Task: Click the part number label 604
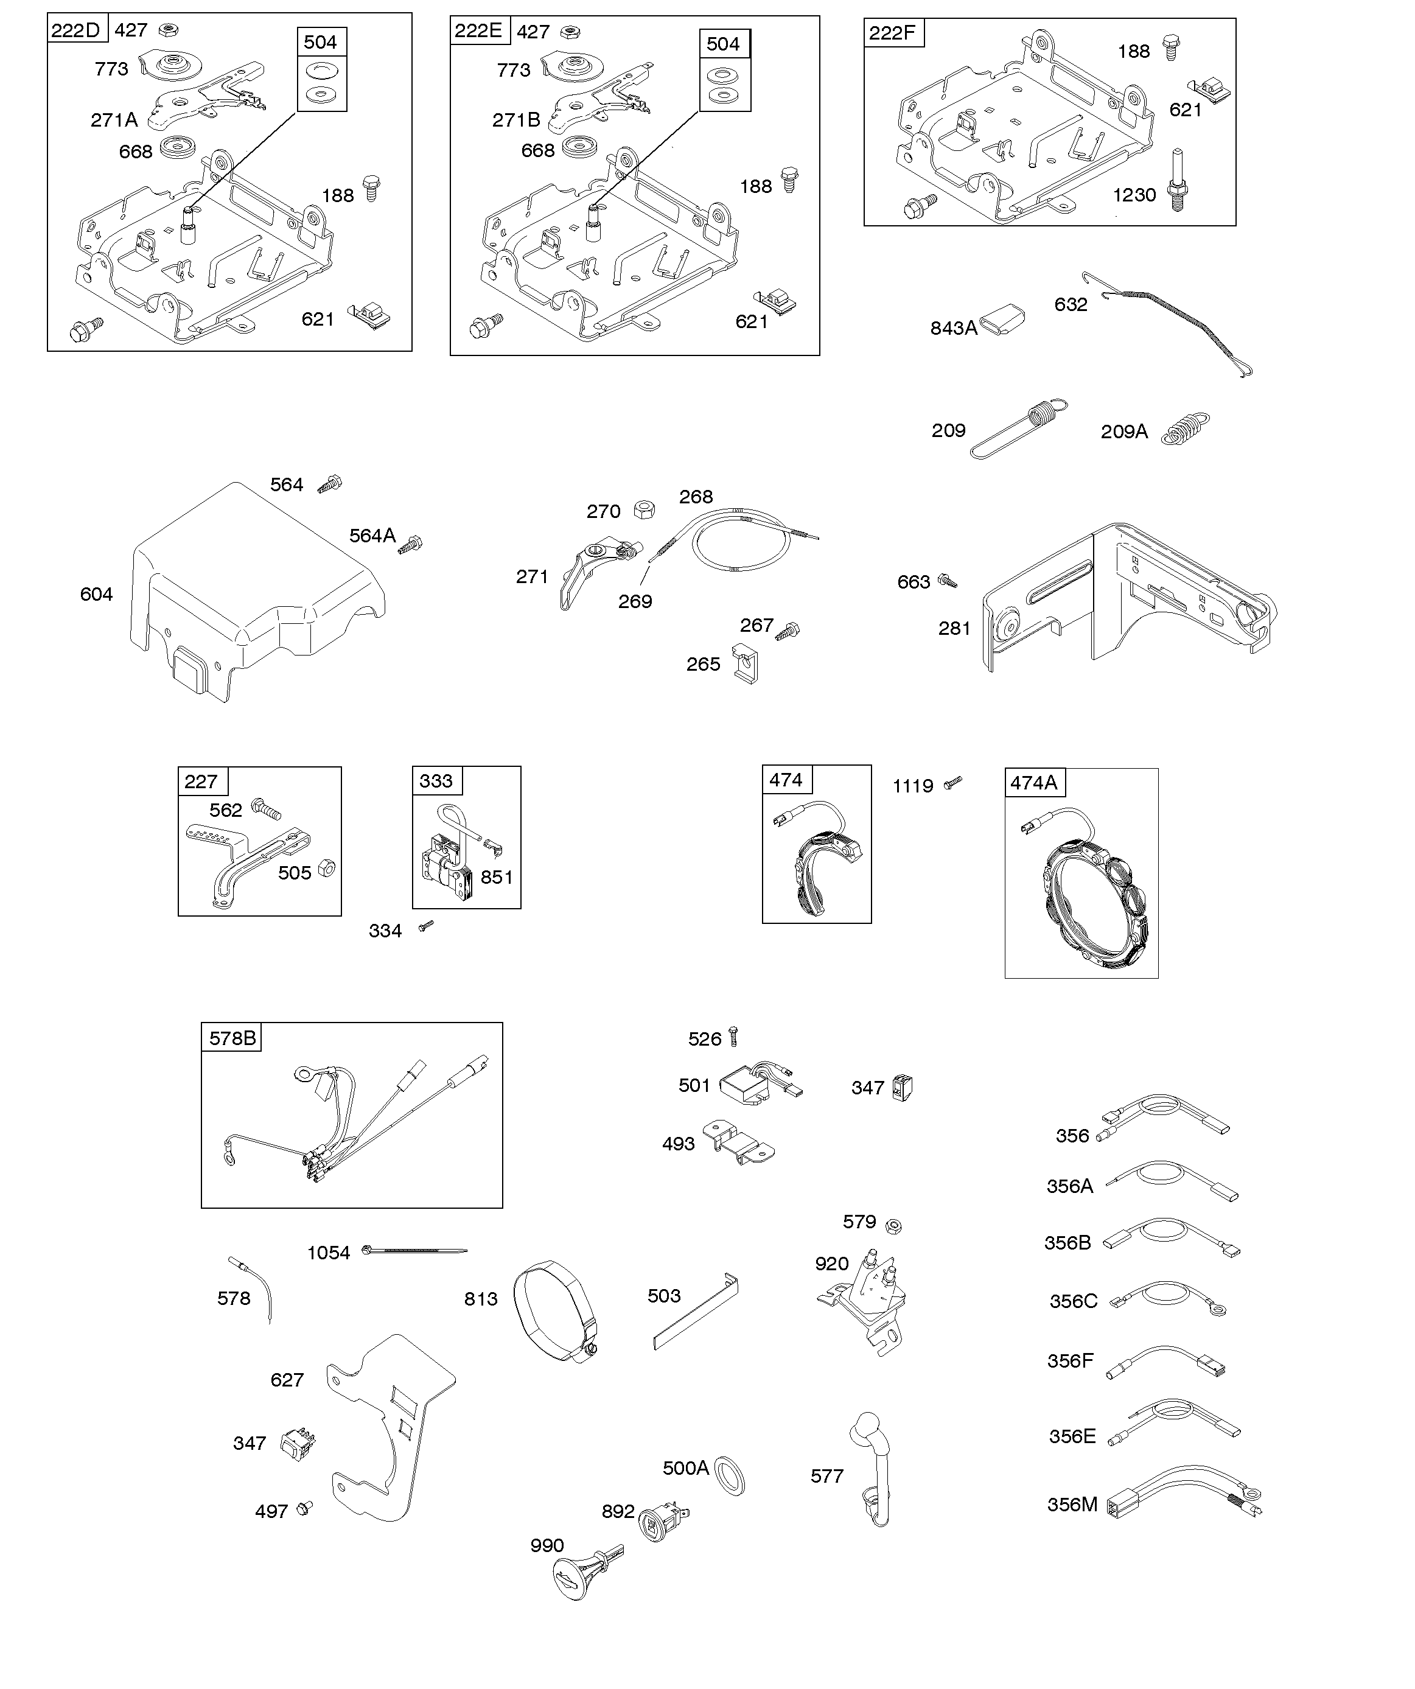97,595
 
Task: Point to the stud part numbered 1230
1178,180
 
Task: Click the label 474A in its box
1033,783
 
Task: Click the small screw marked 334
427,926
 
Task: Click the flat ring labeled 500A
730,1474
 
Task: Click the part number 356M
1072,1505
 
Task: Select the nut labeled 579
893,1226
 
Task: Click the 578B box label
232,1038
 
